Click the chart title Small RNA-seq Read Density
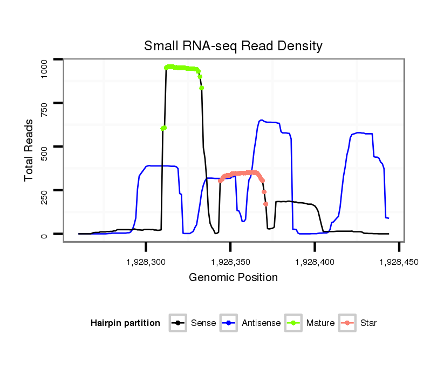[x=233, y=46]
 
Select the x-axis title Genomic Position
[x=233, y=278]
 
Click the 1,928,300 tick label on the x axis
[x=146, y=262]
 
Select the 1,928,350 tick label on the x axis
[x=230, y=262]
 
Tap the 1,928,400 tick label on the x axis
[x=315, y=262]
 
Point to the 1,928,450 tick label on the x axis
[x=399, y=262]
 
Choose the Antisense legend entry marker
[x=229, y=323]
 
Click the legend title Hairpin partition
[x=125, y=323]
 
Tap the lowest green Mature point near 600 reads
[x=162, y=129]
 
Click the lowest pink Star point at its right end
[x=265, y=204]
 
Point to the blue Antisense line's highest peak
[x=261, y=120]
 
